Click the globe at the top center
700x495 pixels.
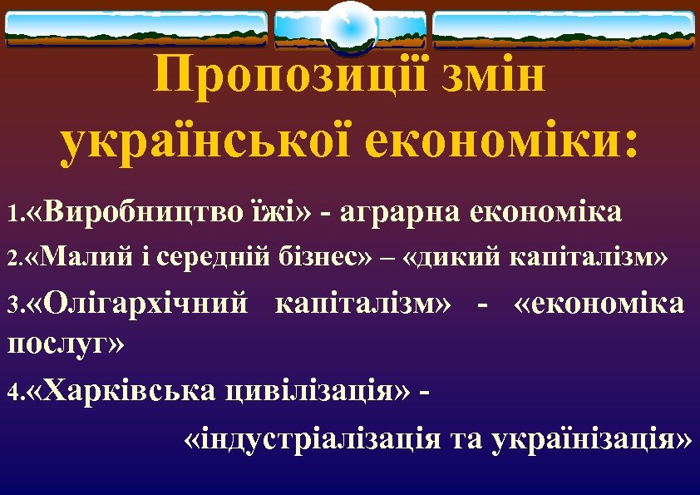350,27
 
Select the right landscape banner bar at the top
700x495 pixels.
564,29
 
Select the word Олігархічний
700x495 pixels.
148,304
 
